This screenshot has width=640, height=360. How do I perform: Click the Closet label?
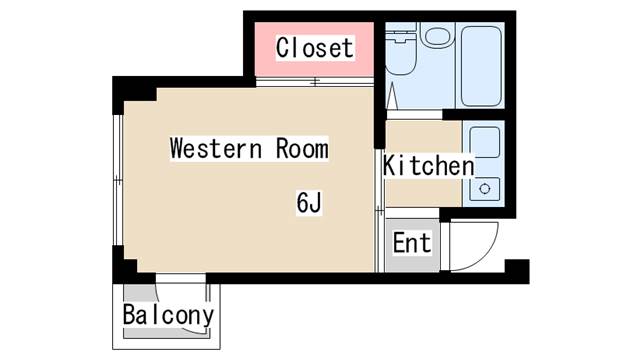pyautogui.click(x=314, y=48)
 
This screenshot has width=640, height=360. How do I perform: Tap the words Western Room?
pyautogui.click(x=249, y=148)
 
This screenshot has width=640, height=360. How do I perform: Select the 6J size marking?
pyautogui.click(x=309, y=202)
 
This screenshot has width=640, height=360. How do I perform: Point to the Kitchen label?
pyautogui.click(x=429, y=165)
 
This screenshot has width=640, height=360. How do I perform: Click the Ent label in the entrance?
pyautogui.click(x=412, y=242)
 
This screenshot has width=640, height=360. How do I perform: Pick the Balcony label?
pyautogui.click(x=168, y=315)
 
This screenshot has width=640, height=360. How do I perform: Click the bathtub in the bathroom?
pyautogui.click(x=481, y=66)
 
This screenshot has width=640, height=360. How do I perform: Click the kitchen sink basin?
pyautogui.click(x=484, y=142)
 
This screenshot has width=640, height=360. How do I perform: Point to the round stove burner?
pyautogui.click(x=485, y=189)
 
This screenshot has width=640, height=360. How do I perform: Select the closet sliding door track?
pyautogui.click(x=315, y=82)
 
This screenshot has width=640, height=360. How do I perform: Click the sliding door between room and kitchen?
pyautogui.click(x=380, y=211)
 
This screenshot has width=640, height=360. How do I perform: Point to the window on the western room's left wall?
pyautogui.click(x=118, y=180)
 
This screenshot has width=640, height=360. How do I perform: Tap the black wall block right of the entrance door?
pyautogui.click(x=517, y=271)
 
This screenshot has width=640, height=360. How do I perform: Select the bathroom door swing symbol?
pyautogui.click(x=392, y=96)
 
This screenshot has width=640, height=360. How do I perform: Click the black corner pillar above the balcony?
pyautogui.click(x=125, y=264)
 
